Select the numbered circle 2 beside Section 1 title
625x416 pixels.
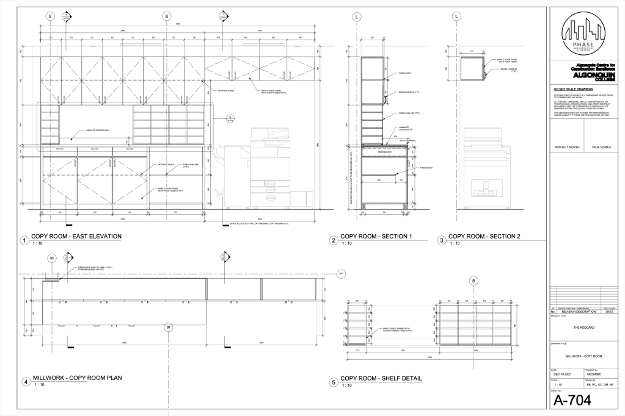point(334,240)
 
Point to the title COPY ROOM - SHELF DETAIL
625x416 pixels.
point(381,378)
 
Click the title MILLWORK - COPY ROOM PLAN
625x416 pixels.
point(77,378)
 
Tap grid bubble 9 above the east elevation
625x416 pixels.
point(50,17)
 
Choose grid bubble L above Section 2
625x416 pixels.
point(456,17)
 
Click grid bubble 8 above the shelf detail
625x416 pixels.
point(473,281)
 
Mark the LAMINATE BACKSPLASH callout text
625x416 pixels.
point(90,131)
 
